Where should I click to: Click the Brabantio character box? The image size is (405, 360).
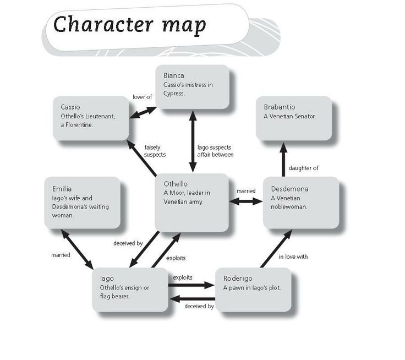(294, 118)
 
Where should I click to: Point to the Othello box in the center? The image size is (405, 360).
(192, 202)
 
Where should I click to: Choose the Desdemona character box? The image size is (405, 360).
(300, 202)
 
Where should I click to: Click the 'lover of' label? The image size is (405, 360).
(142, 97)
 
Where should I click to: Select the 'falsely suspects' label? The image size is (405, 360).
(155, 151)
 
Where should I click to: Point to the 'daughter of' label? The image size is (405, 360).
(303, 168)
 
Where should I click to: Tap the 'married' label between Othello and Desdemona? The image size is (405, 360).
(246, 191)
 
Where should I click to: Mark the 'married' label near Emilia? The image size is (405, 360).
(61, 254)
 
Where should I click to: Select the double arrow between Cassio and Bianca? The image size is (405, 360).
(143, 112)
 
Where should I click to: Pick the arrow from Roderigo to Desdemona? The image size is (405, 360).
(273, 248)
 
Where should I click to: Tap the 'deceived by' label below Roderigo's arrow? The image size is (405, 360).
(199, 307)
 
